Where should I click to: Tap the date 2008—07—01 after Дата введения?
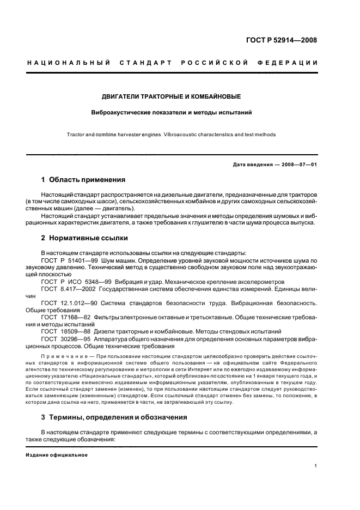pos(299,165)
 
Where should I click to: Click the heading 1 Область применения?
pos(83,179)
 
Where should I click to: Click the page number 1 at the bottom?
pos(316,466)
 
